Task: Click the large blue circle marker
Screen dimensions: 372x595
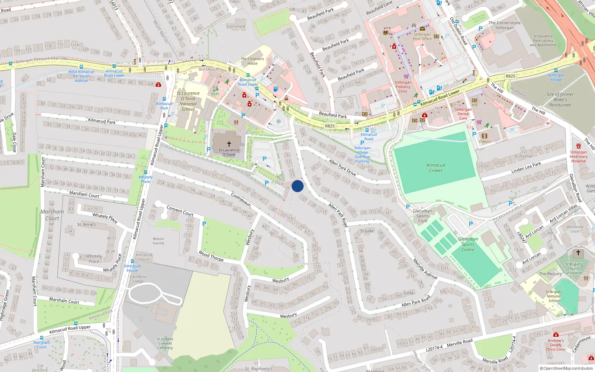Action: click(297, 186)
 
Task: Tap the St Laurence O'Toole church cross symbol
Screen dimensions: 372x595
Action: click(229, 144)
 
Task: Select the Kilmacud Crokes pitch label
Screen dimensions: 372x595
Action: click(436, 168)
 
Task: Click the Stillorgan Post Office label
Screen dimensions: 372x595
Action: click(422, 36)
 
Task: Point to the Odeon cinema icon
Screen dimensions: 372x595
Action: click(484, 136)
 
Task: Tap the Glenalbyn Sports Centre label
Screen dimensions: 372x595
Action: click(468, 244)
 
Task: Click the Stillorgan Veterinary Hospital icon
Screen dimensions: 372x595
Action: click(579, 146)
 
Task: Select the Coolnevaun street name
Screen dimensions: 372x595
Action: click(241, 200)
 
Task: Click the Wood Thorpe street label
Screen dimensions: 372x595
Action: click(211, 256)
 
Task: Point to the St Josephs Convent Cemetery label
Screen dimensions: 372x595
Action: click(165, 343)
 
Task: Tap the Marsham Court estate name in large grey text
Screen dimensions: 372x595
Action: click(52, 215)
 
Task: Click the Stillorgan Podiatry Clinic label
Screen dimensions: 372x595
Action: click(403, 87)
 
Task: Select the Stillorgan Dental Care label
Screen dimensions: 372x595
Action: click(463, 114)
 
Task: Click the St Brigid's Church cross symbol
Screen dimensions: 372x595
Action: click(578, 253)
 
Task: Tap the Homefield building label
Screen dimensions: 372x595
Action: click(236, 26)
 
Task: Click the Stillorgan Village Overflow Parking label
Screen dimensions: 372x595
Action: click(362, 154)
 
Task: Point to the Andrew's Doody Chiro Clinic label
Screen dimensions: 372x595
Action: click(556, 345)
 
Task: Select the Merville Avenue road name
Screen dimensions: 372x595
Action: click(425, 269)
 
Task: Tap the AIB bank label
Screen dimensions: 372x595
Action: click(475, 105)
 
